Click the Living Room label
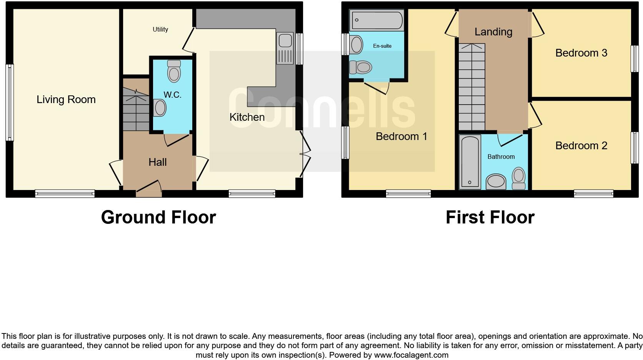click(x=66, y=100)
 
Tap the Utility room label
click(x=160, y=30)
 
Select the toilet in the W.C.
click(x=174, y=72)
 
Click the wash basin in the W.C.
click(x=159, y=108)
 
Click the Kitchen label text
click(x=247, y=117)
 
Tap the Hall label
click(x=157, y=162)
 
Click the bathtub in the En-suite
click(x=376, y=20)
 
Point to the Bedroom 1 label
click(x=401, y=137)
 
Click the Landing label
click(x=493, y=32)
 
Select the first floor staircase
click(x=471, y=87)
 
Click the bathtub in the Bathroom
click(x=470, y=162)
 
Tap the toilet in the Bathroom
click(x=519, y=178)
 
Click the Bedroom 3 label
click(x=581, y=53)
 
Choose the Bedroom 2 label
click(x=581, y=146)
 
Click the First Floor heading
click(x=490, y=217)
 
